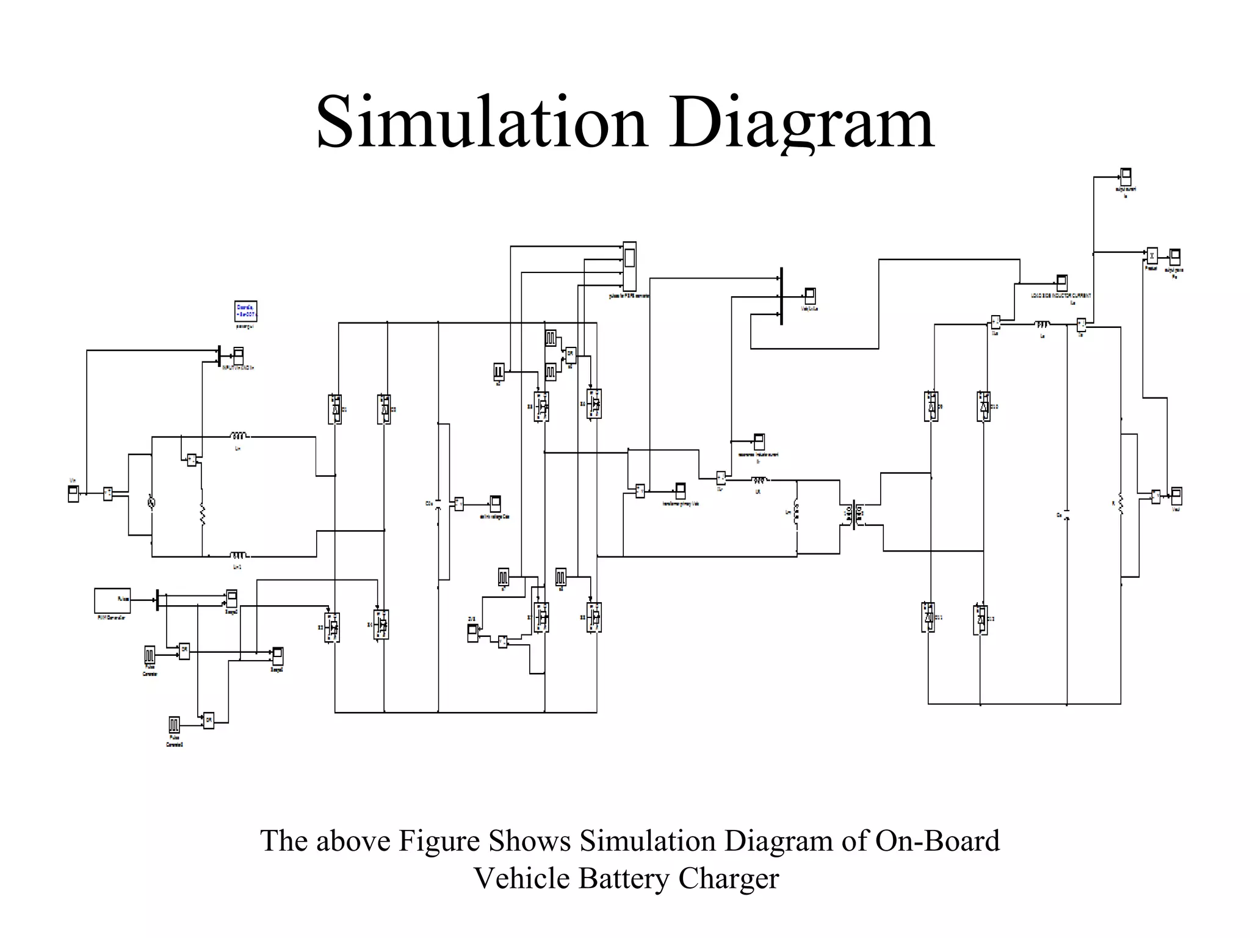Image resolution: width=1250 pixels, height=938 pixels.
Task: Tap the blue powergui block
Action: coord(245,311)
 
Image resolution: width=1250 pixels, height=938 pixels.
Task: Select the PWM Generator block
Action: coord(112,600)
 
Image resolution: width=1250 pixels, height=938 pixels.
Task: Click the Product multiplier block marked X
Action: coord(1151,256)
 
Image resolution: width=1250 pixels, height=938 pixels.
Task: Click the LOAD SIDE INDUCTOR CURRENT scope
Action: coord(1061,283)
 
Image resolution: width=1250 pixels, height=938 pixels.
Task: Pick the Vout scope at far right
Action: coord(1176,495)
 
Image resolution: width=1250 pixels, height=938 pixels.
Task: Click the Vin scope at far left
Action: coord(73,493)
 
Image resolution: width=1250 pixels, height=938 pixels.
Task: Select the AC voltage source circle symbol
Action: coord(151,503)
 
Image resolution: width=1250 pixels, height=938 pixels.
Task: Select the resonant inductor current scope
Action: coord(759,442)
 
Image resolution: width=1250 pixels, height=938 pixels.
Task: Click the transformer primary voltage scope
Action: coord(680,490)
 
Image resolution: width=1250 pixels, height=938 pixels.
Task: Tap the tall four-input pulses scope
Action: coord(629,266)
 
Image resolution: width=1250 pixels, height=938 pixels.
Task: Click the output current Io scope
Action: coord(1125,177)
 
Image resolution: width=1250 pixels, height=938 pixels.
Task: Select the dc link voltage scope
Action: coord(495,503)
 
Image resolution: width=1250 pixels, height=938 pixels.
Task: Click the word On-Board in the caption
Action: coord(937,841)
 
